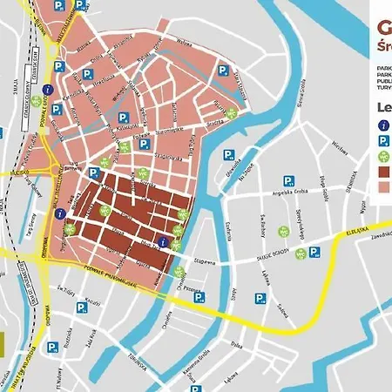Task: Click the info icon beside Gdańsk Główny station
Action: pos(49,89)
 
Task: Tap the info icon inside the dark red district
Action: pos(162,242)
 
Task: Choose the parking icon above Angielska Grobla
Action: pos(228,155)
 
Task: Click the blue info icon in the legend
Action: pos(383,125)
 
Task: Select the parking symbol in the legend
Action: pos(383,142)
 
